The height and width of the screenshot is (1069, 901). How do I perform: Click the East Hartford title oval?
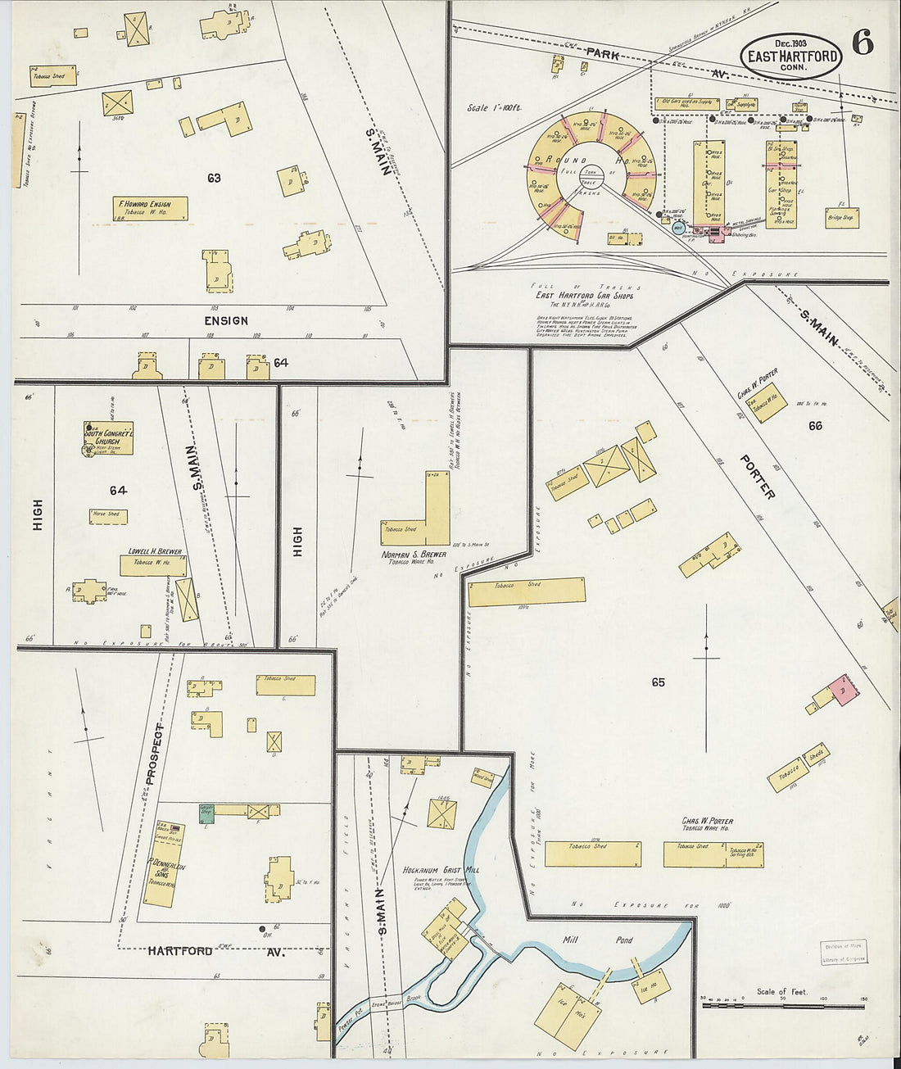pyautogui.click(x=791, y=56)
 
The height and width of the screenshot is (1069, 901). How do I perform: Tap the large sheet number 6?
pyautogui.click(x=863, y=43)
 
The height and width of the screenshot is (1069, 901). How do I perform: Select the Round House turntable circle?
pyautogui.click(x=591, y=174)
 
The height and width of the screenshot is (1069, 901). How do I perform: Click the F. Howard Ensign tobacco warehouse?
pyautogui.click(x=151, y=208)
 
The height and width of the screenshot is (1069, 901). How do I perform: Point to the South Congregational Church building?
pyautogui.click(x=109, y=438)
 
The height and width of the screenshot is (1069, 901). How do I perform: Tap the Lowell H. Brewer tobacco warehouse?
pyautogui.click(x=153, y=564)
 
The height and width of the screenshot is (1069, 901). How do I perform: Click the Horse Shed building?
pyautogui.click(x=108, y=516)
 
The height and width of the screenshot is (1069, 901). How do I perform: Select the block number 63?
pyautogui.click(x=214, y=178)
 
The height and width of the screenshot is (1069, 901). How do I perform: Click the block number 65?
pyautogui.click(x=659, y=682)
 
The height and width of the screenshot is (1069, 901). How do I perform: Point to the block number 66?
pyautogui.click(x=815, y=425)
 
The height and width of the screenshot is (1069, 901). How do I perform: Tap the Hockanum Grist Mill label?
pyautogui.click(x=441, y=870)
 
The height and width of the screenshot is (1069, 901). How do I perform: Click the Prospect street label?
pyautogui.click(x=154, y=754)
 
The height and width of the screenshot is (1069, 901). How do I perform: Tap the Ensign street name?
pyautogui.click(x=225, y=320)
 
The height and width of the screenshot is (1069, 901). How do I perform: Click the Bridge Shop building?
pyautogui.click(x=842, y=217)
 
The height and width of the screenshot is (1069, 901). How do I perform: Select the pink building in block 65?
pyautogui.click(x=843, y=690)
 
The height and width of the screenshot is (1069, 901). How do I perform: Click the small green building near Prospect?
pyautogui.click(x=207, y=813)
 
